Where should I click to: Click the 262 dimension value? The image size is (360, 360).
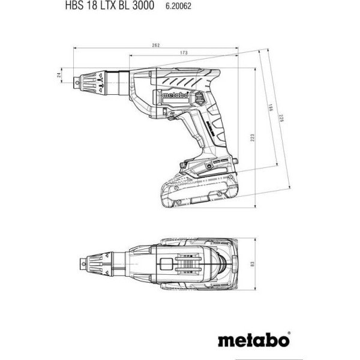tap(155, 45)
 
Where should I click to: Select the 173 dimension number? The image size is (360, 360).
tap(184, 53)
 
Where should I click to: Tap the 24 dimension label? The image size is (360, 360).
tap(59, 74)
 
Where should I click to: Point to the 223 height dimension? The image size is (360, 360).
tap(252, 137)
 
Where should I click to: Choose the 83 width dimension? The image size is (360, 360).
tap(252, 264)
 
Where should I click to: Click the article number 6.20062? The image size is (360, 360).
tap(178, 6)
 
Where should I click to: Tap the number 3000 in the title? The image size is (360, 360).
tap(143, 5)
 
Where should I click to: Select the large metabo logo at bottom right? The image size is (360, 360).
tap(253, 340)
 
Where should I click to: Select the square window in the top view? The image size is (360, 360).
tap(166, 264)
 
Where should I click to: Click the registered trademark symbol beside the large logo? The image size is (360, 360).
tap(289, 332)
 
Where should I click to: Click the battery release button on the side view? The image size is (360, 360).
tap(182, 165)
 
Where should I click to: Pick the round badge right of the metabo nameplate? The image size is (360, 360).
tap(199, 99)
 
